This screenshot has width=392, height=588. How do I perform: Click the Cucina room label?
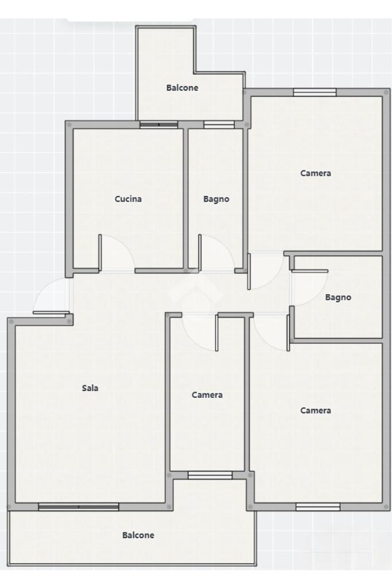[128, 199]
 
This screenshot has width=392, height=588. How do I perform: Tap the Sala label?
[90, 388]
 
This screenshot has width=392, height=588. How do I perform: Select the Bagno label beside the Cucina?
[216, 199]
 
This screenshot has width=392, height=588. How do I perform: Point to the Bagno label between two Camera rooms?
[338, 297]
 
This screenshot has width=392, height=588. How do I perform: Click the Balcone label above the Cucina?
[182, 88]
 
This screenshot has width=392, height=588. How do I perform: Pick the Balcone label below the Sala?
[138, 535]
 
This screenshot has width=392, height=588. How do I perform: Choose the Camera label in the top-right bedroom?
[316, 173]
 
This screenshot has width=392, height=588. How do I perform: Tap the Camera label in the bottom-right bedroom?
[316, 411]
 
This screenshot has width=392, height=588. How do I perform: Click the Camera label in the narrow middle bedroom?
[207, 395]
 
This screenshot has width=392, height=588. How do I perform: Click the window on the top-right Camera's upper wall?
[315, 92]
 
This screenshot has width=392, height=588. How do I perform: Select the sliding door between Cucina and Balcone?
[158, 125]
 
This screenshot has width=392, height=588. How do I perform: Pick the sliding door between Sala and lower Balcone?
[79, 507]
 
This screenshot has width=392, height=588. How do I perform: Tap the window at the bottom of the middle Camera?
[210, 475]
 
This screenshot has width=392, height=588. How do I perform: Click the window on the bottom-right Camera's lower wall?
[318, 507]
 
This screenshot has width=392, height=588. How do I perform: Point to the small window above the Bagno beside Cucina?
[219, 125]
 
